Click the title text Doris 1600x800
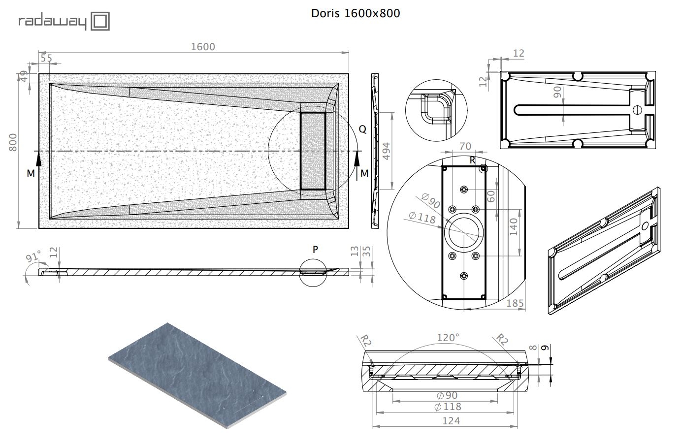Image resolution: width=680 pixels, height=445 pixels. pos(356,13)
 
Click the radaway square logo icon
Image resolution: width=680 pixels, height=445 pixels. pos(100,21)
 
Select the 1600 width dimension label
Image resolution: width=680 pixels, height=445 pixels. pos(203,47)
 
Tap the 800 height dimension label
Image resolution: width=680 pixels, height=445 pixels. pos(13,142)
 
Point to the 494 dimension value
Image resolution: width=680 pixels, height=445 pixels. pos(386,151)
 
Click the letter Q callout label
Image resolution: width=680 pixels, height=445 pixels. pos(362,129)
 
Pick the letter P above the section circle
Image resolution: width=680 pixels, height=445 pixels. pos(315,250)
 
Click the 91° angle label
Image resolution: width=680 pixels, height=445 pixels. pos(33,256)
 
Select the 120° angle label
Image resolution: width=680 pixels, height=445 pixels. pos(448,338)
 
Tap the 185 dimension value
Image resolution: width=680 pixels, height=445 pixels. pos(515,303)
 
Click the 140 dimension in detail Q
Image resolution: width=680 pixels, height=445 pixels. pos(514,227)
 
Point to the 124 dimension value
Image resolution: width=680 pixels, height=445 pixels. pos(451,421)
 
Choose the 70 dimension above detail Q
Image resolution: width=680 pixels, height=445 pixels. pos(465,146)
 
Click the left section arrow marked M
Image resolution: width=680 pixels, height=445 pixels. pos(38,164)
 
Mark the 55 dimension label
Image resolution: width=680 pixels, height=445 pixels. pos(46,58)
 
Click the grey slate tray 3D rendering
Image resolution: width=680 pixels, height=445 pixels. pos(197,376)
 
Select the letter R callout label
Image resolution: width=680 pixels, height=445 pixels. pos(472,160)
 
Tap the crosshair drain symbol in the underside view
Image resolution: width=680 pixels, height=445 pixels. pos(637,110)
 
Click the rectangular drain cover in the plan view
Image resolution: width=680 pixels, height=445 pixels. pos(313,151)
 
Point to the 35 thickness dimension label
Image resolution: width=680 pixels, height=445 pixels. pos(367,252)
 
